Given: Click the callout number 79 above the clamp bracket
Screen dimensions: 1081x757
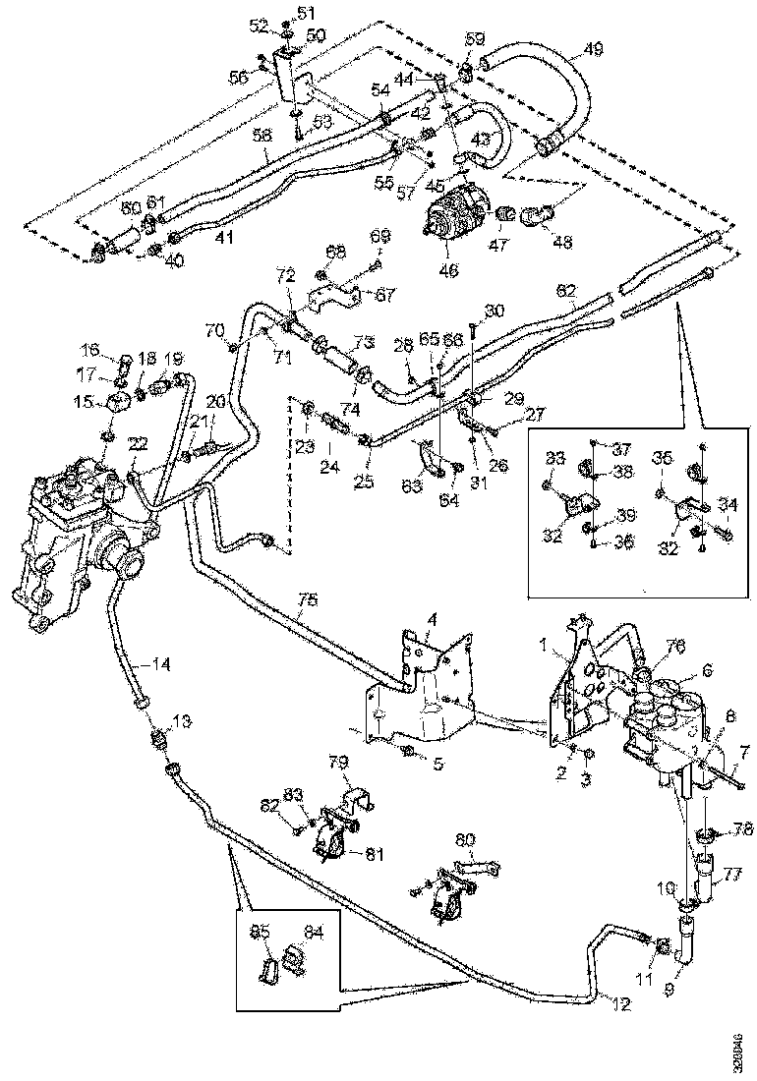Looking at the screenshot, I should tap(337, 763).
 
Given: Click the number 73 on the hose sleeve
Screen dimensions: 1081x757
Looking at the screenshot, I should tap(364, 342).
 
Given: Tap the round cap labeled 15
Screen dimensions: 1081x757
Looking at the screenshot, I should tap(119, 404).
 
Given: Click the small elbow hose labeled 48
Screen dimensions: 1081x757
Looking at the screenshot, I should tap(538, 214).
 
